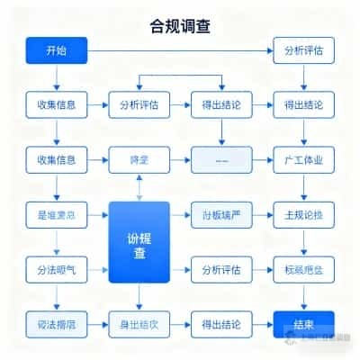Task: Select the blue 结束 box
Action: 303,323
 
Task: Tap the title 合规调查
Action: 180,24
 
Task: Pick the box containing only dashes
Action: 221,161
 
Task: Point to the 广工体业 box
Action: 303,161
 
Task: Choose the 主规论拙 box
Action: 303,215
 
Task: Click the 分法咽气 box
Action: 57,269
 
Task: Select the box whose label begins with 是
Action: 57,215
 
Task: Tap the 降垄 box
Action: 139,161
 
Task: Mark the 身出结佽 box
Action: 139,323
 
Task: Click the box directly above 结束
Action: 303,269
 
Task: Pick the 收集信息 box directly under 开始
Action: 57,105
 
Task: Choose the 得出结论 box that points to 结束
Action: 221,323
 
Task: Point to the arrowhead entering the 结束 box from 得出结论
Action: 269,323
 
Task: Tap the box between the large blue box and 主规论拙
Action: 221,215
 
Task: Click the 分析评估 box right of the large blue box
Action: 221,269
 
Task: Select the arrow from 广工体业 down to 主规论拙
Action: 303,188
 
